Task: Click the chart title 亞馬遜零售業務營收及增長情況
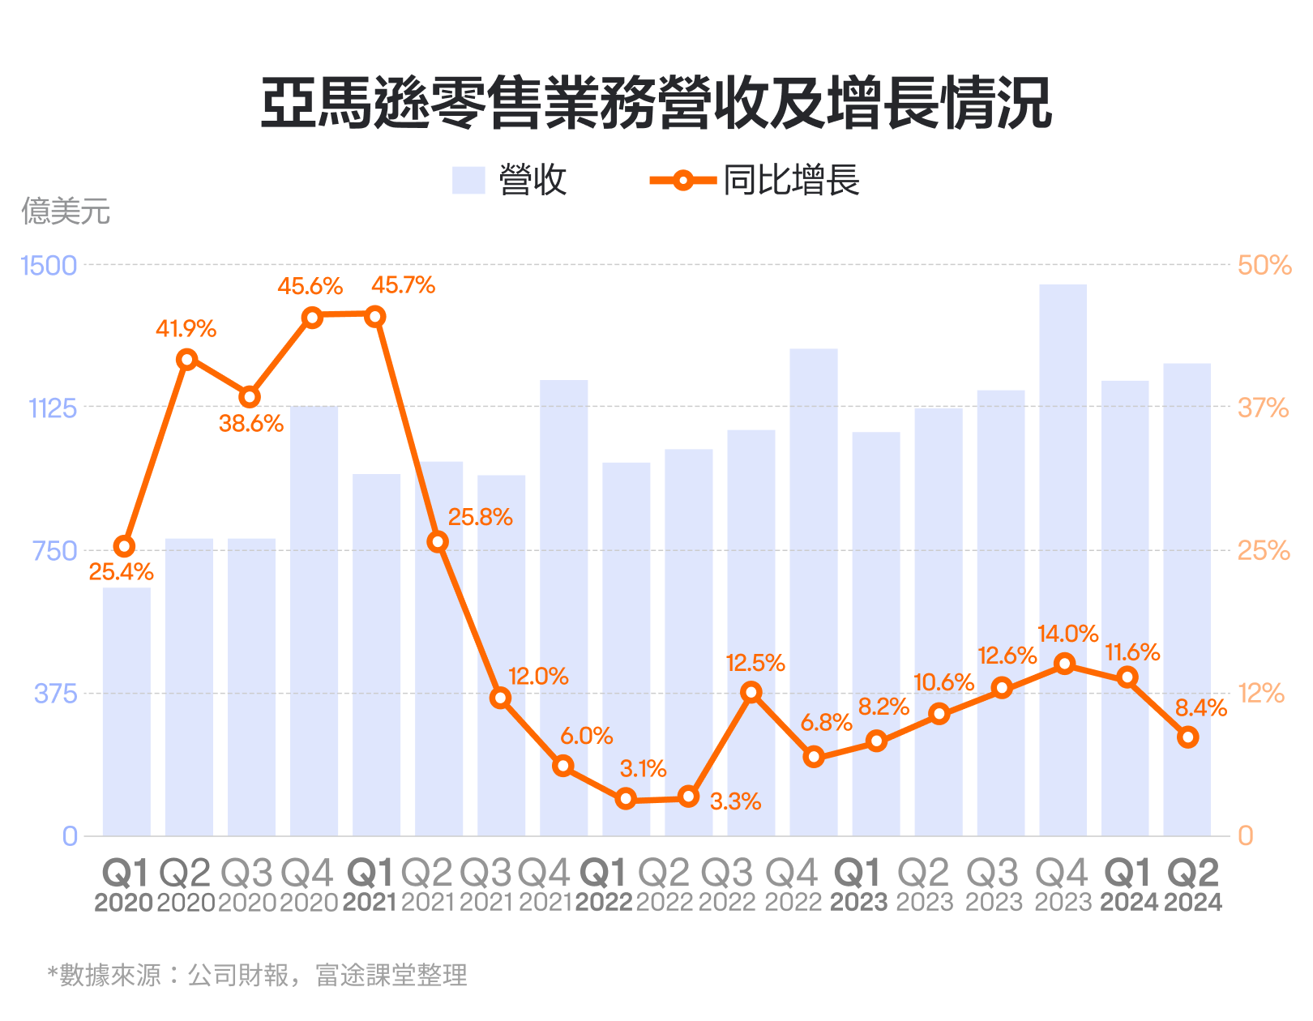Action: coord(656,104)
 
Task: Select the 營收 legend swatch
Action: coord(468,180)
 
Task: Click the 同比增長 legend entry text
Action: coord(791,180)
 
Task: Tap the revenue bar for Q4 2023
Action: coord(1063,559)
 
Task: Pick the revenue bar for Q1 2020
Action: coord(126,711)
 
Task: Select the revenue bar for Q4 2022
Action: coord(813,592)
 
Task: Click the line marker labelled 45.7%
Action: coord(374,317)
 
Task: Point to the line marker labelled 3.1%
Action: coord(625,799)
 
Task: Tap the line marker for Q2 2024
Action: coord(1187,737)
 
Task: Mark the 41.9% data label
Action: coord(186,329)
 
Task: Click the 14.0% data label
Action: coord(1067,634)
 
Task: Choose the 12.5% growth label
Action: coord(755,664)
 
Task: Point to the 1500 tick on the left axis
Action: coord(49,266)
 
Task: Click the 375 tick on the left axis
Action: coord(55,694)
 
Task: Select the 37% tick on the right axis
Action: coord(1262,408)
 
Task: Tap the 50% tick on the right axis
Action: coord(1264,266)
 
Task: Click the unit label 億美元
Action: coord(66,211)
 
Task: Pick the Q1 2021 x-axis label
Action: coord(370,886)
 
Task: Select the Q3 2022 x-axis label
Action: coord(727,886)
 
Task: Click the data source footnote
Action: coord(258,975)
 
